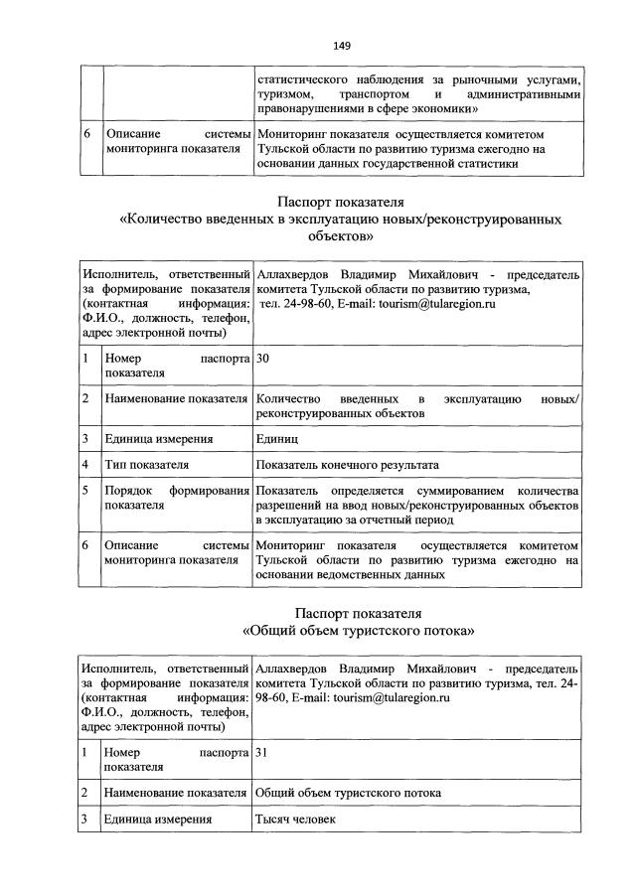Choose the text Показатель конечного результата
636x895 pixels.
click(346, 464)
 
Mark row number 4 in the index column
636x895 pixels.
click(87, 464)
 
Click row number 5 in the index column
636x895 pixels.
click(87, 492)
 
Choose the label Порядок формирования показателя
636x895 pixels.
click(175, 499)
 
